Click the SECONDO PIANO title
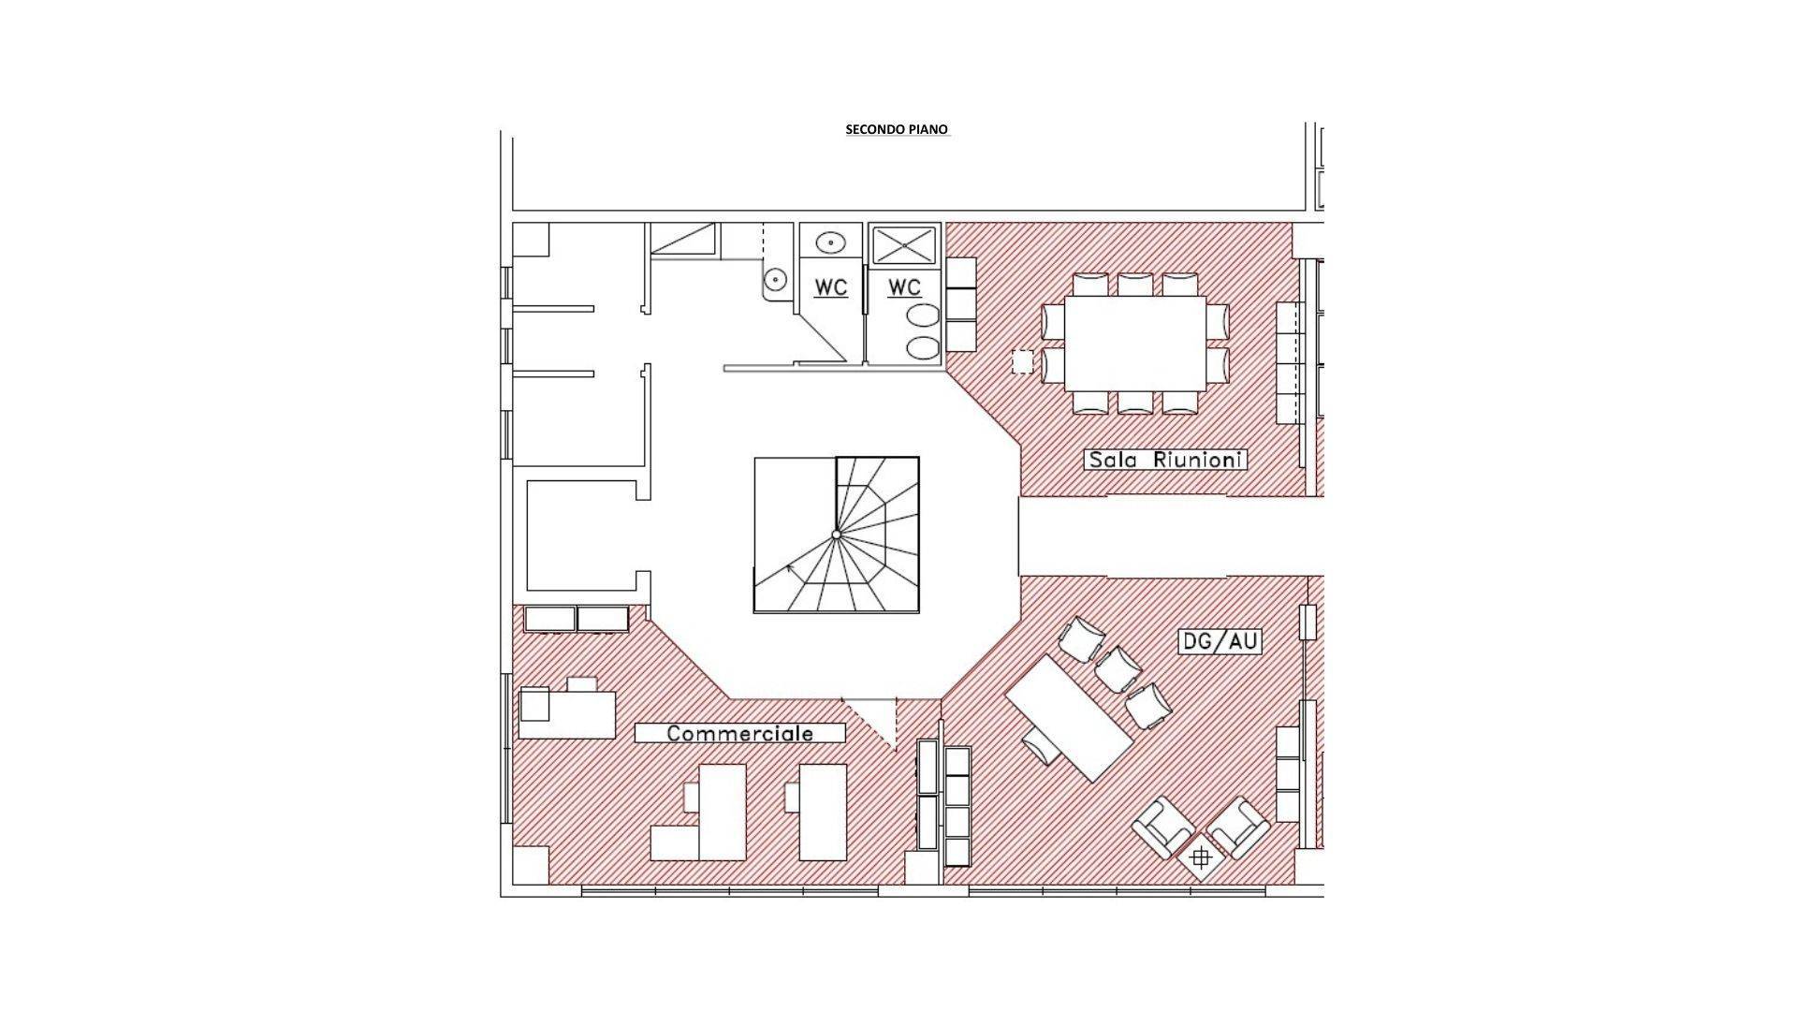point(897,129)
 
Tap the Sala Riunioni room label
point(1165,460)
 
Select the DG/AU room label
point(1220,642)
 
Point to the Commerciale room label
point(739,733)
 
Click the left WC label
point(830,287)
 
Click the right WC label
point(904,287)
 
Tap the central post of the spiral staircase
point(837,535)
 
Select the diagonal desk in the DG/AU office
point(1069,718)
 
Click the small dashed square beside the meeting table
point(1023,361)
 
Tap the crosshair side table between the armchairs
point(1202,857)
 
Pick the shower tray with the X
point(904,247)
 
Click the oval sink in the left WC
point(829,242)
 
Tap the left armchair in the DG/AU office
point(1163,827)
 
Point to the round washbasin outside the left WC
point(775,280)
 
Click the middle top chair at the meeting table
point(1135,285)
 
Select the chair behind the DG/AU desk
point(1042,747)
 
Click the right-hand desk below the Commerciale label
point(823,812)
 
